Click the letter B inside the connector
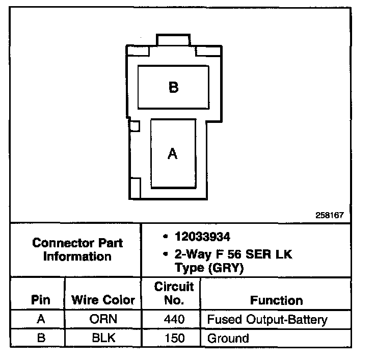click(173, 87)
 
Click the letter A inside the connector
click(173, 153)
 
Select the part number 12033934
click(202, 237)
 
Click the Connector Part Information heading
click(77, 249)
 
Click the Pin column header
click(41, 300)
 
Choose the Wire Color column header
click(103, 300)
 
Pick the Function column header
click(276, 300)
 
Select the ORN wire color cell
click(103, 320)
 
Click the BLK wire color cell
click(103, 338)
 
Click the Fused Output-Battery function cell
click(266, 320)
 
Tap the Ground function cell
click(228, 338)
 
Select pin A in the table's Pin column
click(41, 320)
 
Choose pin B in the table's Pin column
click(41, 338)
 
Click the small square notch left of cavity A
click(135, 125)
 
